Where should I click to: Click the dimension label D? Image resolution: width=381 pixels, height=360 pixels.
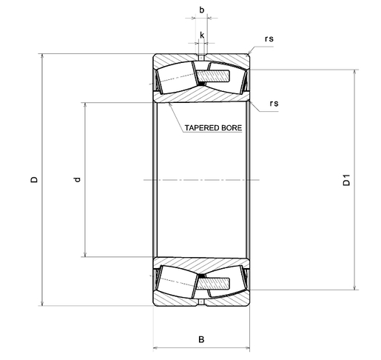[34, 179]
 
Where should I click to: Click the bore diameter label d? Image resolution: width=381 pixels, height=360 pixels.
[78, 179]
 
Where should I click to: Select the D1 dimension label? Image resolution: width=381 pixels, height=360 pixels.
[346, 180]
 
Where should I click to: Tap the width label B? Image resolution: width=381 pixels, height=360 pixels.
[201, 339]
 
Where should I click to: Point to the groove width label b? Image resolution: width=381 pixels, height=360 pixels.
[202, 10]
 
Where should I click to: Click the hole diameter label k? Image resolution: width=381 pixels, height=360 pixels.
[202, 36]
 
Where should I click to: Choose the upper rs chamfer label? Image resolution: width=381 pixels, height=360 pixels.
[269, 39]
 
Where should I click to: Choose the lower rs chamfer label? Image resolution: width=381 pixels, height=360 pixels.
[274, 103]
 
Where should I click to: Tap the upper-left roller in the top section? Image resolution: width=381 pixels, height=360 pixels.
[176, 78]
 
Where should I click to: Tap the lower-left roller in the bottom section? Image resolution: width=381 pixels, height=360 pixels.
[176, 281]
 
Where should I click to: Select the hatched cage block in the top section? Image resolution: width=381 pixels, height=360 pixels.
[213, 76]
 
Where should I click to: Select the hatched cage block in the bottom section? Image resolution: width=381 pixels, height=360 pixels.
[213, 284]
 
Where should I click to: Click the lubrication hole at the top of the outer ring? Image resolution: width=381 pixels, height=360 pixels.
[202, 58]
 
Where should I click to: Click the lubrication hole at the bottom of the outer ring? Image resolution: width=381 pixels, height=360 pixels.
[202, 302]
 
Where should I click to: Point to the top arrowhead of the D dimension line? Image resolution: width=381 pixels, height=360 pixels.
[42, 56]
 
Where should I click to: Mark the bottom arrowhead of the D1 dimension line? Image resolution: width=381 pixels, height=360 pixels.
[354, 287]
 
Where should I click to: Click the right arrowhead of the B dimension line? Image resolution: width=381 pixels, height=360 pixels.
[247, 348]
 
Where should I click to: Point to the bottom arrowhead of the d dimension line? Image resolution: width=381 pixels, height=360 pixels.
[85, 254]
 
